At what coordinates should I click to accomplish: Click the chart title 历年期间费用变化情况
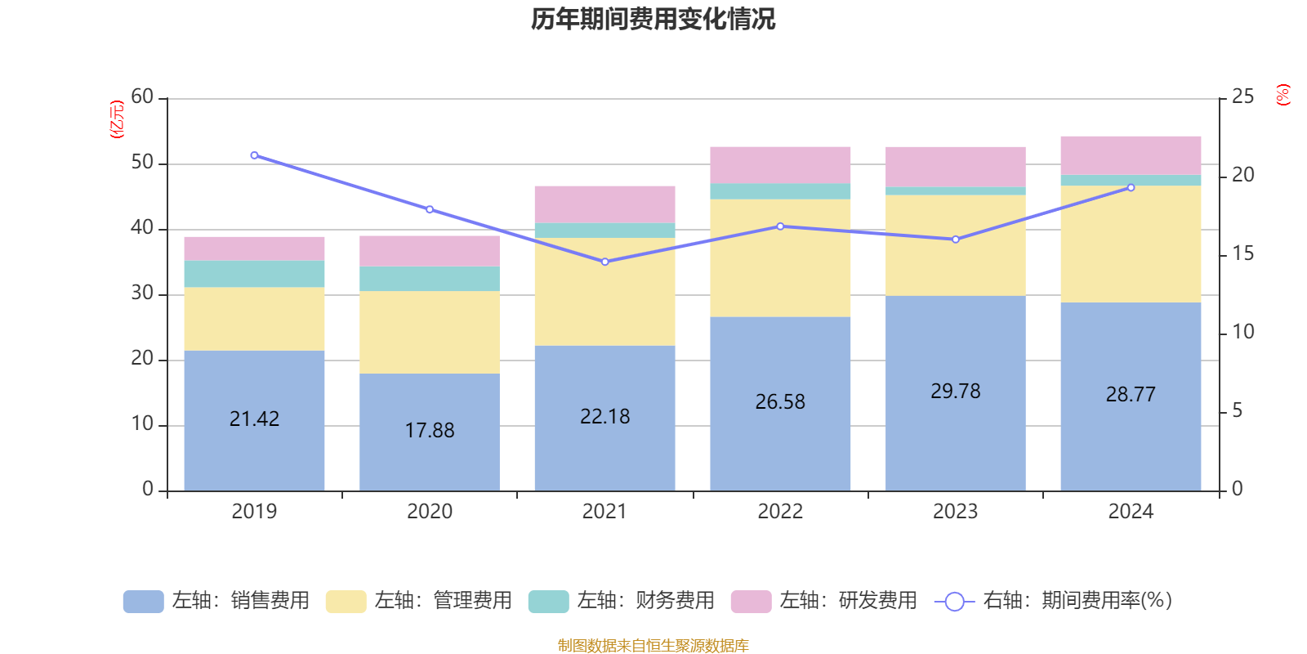coord(653,20)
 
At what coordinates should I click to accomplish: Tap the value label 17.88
coord(430,430)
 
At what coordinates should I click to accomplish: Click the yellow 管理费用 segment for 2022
coord(780,258)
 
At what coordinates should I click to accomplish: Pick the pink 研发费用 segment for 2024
coord(1131,155)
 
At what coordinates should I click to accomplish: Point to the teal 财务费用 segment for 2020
coord(430,279)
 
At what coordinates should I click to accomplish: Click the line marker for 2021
coord(605,262)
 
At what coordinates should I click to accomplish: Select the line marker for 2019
coord(254,155)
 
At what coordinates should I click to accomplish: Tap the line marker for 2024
coord(1131,187)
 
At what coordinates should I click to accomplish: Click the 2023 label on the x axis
coord(955,512)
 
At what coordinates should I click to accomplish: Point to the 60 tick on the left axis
coord(142,97)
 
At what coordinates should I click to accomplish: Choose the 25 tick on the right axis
coord(1242,97)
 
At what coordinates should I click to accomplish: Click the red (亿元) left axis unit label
coord(118,119)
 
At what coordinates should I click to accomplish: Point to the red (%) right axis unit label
coord(1283,95)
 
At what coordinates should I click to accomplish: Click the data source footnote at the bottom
coord(653,646)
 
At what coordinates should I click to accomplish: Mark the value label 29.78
coord(955,392)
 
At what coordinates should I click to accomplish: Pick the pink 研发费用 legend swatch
coord(751,601)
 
